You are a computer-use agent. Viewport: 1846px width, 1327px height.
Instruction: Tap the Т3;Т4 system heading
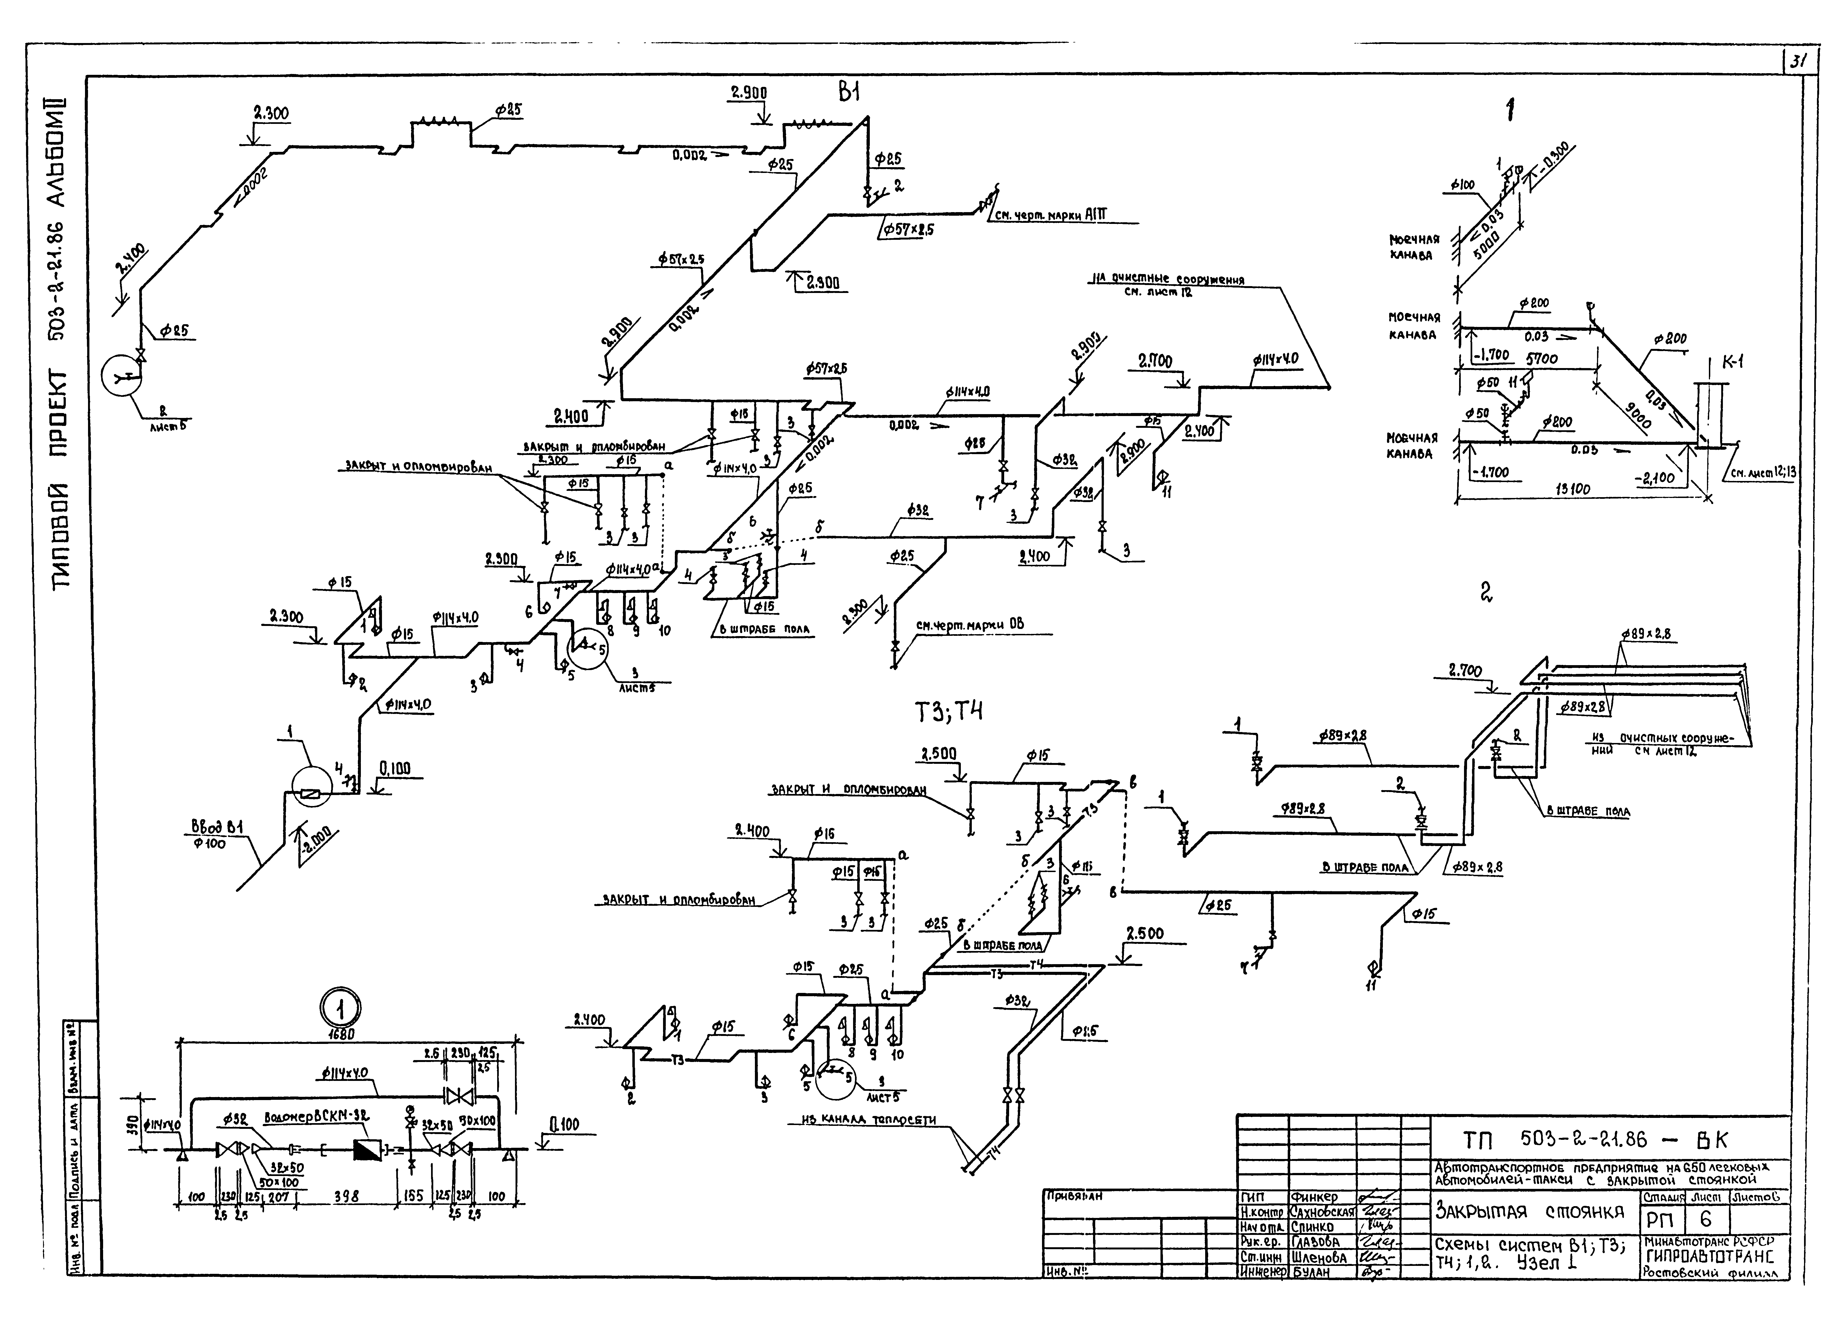coord(949,713)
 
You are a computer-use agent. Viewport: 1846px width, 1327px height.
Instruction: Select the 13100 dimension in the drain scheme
coord(1571,490)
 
